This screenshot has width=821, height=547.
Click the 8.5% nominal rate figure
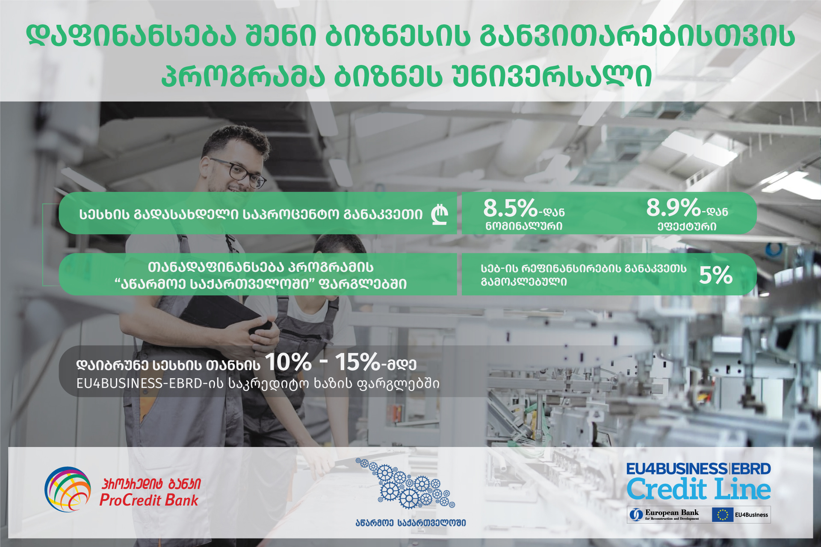coord(510,208)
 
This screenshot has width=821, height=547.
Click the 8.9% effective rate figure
coord(673,208)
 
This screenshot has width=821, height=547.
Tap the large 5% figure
coord(716,275)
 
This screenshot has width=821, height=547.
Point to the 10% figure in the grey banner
coord(288,362)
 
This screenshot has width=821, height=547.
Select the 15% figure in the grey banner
coord(357,362)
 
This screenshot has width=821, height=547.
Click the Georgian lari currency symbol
coord(440,215)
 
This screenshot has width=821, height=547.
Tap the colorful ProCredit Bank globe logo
coord(68,489)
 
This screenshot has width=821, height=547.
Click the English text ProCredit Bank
coord(149,500)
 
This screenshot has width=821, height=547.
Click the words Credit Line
coord(699,489)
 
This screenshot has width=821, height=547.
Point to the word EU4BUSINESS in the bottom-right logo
coord(677,469)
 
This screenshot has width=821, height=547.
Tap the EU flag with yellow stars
coord(723,515)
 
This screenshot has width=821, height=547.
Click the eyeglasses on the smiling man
coord(238,173)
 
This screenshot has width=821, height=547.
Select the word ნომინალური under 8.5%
coord(524,226)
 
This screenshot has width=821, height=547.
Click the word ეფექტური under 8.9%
coord(687,226)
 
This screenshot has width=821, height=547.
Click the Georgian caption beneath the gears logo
coord(410,523)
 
